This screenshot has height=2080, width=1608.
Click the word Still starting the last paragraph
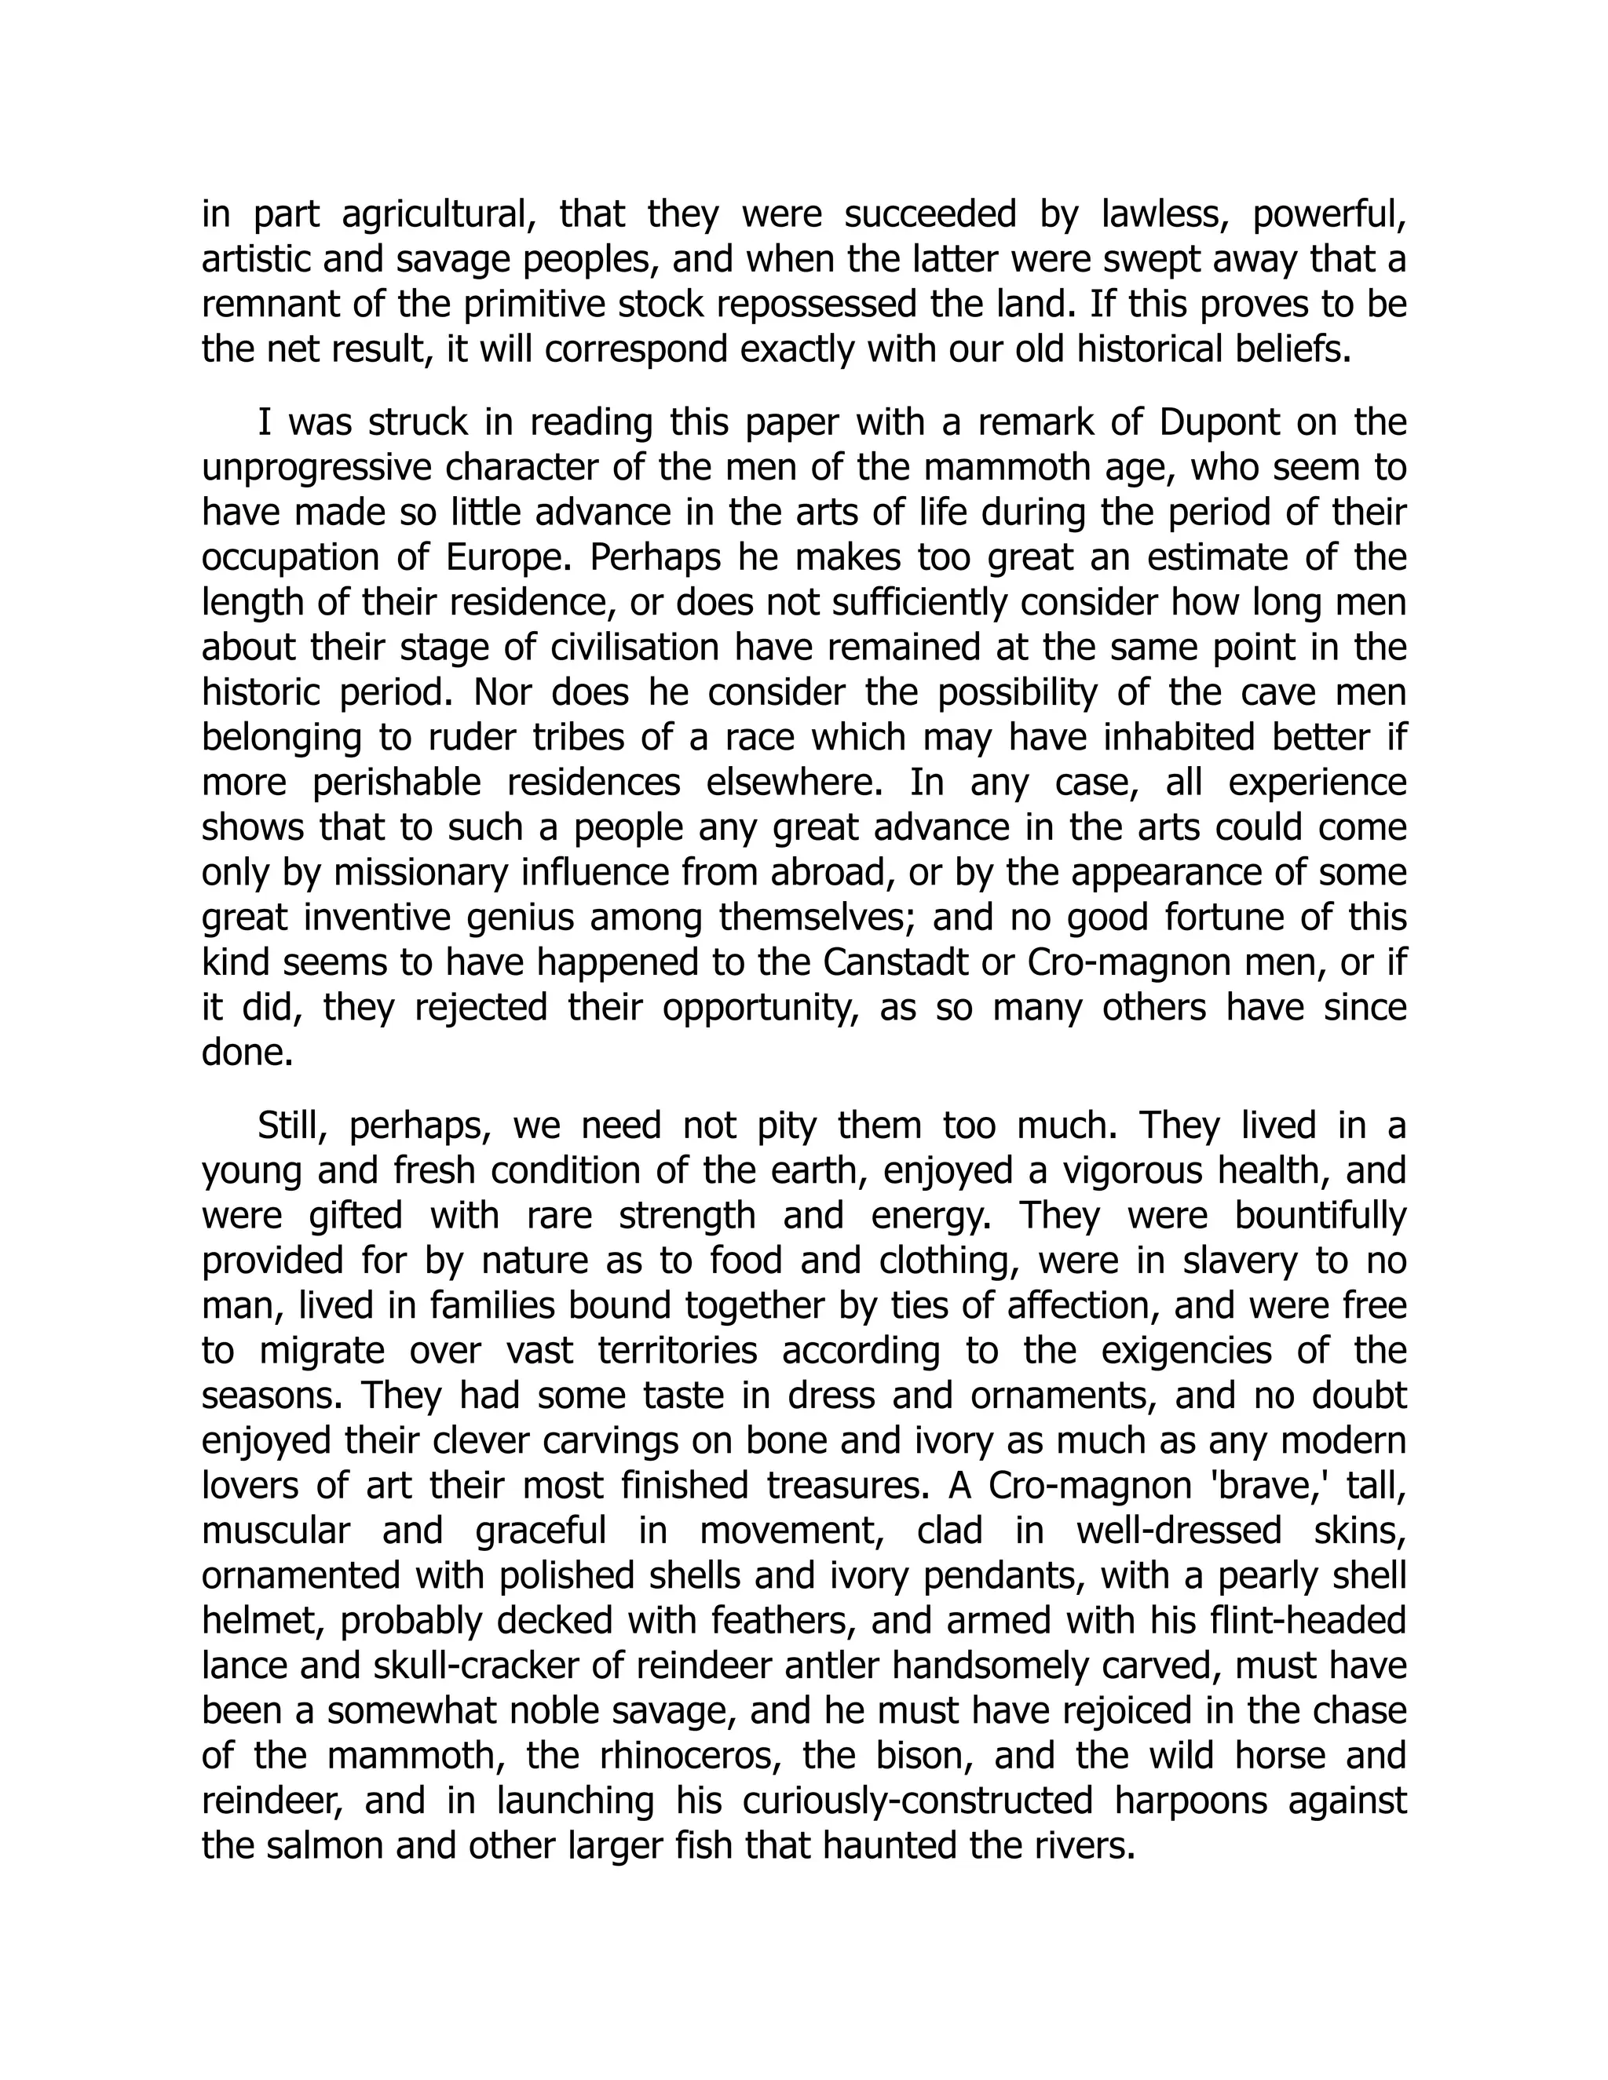click(287, 1126)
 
